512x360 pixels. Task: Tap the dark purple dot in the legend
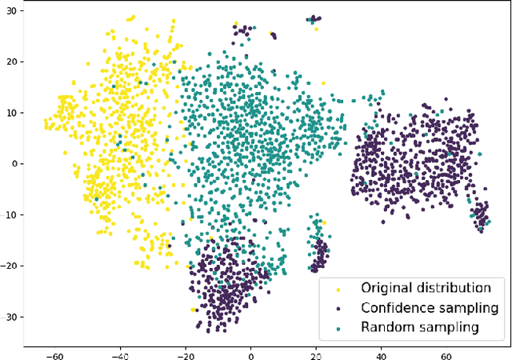338,308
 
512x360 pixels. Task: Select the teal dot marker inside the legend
338,327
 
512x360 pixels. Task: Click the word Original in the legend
389,288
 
